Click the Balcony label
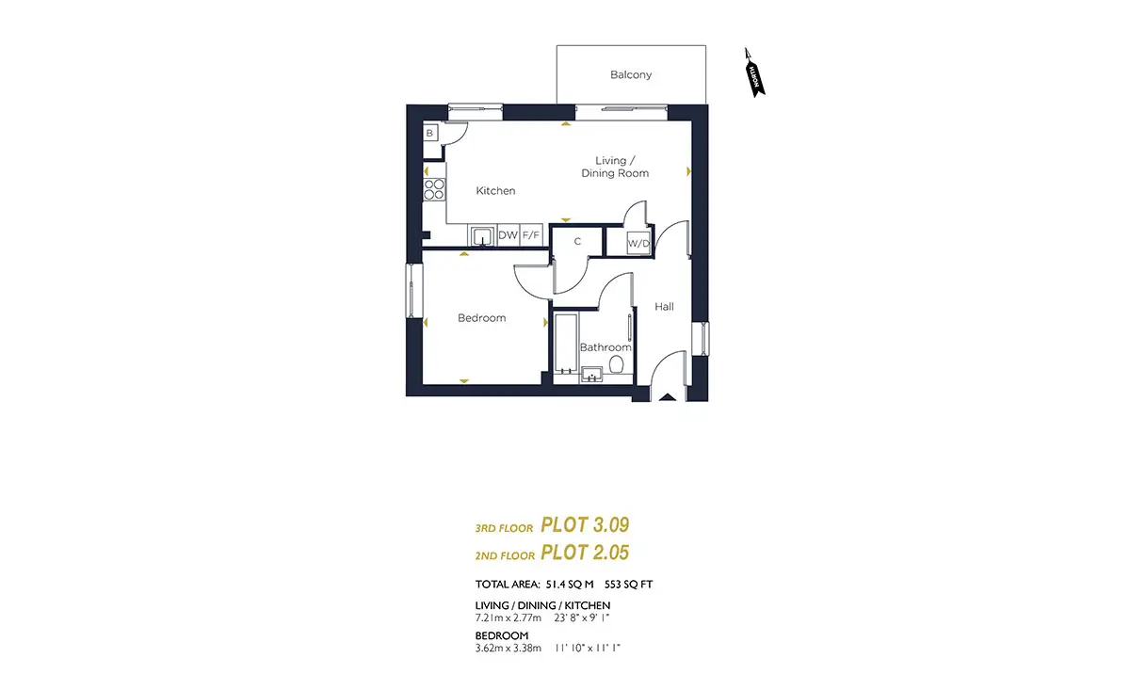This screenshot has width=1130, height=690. (631, 74)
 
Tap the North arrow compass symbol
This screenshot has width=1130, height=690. (754, 72)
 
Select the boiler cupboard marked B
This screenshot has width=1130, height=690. (430, 133)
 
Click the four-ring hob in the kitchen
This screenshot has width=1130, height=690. (434, 189)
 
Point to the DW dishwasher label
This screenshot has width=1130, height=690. (508, 235)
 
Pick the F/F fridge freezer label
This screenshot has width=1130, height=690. (531, 235)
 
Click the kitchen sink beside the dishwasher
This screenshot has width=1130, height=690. (483, 236)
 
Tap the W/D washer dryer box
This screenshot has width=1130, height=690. (638, 244)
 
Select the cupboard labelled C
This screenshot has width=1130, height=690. (577, 242)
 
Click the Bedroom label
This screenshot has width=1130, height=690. (482, 318)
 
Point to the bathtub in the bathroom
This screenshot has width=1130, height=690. (566, 344)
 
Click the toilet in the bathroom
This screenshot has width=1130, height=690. (616, 364)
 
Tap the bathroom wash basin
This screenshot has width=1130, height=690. (591, 375)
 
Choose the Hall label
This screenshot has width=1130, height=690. (664, 307)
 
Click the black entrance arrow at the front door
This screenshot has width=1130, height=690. (668, 397)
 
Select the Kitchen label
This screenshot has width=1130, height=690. (495, 191)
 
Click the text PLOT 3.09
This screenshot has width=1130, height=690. (585, 525)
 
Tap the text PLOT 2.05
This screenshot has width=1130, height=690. (585, 553)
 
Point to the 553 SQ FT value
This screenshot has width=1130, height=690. (629, 585)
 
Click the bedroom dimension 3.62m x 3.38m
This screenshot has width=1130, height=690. (508, 649)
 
